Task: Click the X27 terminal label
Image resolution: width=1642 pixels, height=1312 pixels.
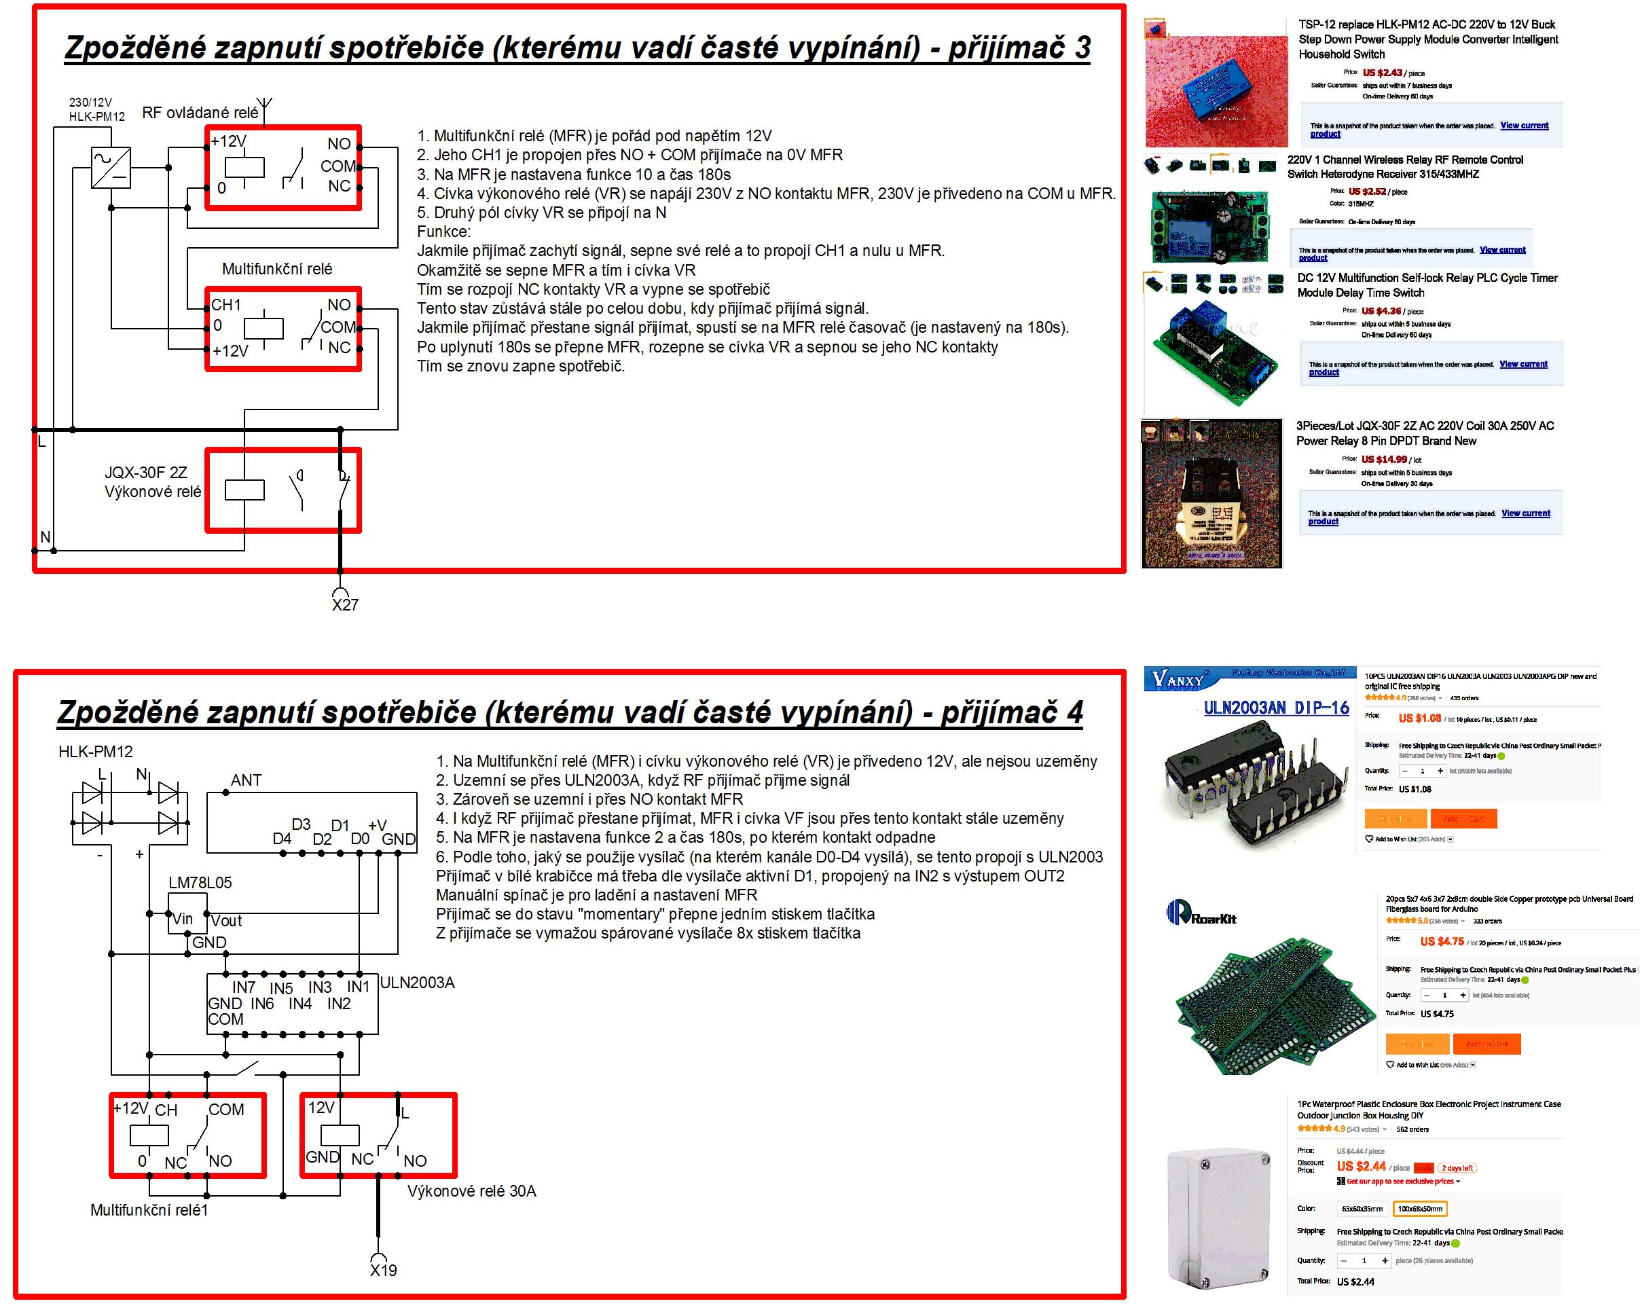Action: click(345, 604)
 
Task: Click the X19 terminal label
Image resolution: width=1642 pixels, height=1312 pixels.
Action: click(383, 1270)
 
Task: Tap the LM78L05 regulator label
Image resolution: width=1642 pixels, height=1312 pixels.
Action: click(200, 883)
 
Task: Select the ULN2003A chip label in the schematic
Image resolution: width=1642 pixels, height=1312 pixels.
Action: click(418, 982)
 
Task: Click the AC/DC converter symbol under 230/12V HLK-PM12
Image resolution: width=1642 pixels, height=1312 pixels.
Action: click(111, 168)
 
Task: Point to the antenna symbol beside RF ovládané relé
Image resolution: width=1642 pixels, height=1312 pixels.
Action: click(263, 107)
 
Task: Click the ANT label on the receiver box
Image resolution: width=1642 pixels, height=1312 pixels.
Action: click(246, 780)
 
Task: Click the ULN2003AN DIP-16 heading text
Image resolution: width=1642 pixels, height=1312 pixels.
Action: click(1276, 708)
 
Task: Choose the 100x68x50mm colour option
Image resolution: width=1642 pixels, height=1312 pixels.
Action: click(1420, 1209)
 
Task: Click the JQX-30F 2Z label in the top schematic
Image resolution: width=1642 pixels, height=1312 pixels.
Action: click(145, 473)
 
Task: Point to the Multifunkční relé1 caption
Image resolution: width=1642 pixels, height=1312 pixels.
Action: click(149, 1210)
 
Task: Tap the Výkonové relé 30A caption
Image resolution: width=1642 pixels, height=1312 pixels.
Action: click(471, 1191)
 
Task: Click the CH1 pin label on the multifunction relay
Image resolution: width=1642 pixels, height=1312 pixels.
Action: click(225, 306)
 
